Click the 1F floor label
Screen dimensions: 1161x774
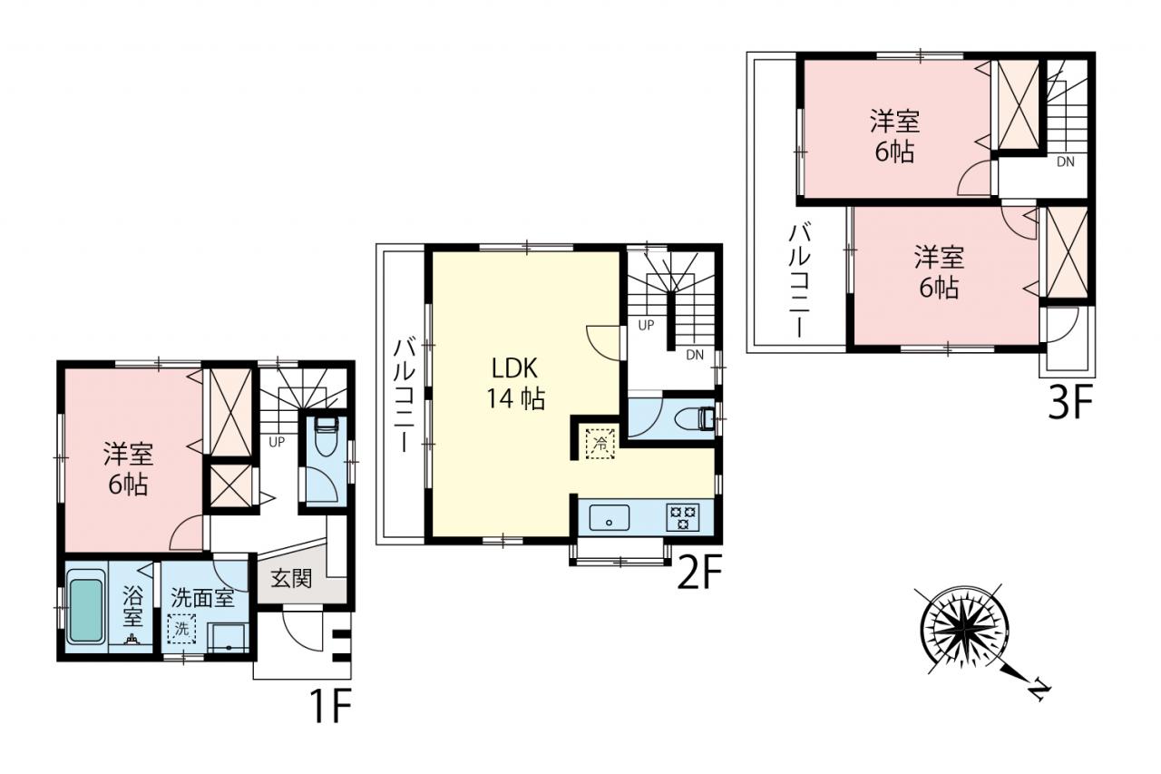pos(332,706)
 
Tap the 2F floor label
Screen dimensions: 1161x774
pos(699,573)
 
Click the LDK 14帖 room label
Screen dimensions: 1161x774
pos(515,384)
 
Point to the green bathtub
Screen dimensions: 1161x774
pos(85,612)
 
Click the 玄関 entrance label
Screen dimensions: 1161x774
pos(291,578)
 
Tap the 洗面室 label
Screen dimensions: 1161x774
pos(202,598)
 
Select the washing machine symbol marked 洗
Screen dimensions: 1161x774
pos(181,629)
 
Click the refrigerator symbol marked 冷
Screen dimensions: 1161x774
pos(600,443)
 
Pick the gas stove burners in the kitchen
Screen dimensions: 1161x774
pos(683,517)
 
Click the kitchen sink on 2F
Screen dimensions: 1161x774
pos(609,517)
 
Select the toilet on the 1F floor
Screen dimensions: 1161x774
pos(326,436)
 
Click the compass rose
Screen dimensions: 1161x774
pos(964,631)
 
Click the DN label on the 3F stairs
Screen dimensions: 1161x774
pos(1066,162)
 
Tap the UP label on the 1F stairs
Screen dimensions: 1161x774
pos(277,442)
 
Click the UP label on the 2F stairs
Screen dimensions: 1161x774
pos(646,325)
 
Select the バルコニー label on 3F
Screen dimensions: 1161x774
pos(800,280)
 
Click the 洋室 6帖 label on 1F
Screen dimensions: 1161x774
pos(128,468)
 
